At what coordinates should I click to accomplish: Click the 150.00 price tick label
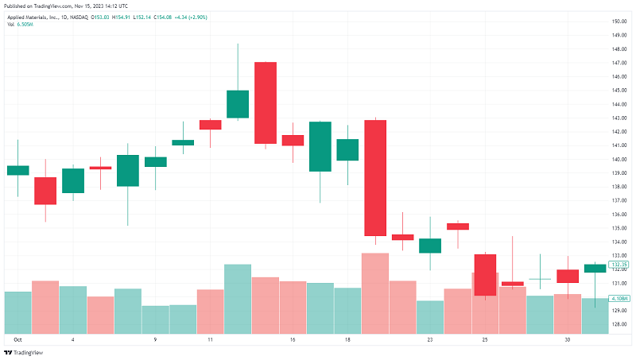tap(619, 21)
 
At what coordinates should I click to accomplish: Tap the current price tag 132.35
tap(619, 265)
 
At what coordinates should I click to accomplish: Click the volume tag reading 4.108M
tap(619, 298)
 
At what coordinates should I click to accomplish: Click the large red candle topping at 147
tap(266, 103)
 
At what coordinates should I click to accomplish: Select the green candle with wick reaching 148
tap(238, 104)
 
